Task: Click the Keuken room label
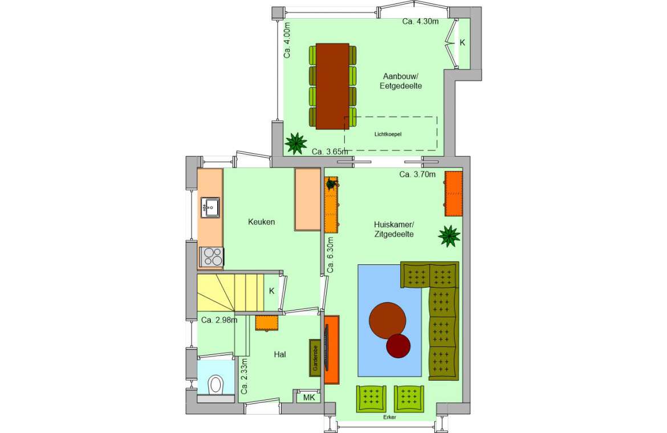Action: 261,222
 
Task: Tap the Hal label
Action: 280,354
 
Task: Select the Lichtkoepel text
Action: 388,134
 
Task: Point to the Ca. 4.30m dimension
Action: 420,21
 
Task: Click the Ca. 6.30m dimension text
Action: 331,255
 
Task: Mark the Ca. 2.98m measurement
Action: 219,320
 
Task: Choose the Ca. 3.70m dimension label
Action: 417,174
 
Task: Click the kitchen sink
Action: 210,207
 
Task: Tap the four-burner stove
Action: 212,256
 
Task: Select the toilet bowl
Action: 216,384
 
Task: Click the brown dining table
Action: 332,86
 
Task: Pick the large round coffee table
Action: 387,320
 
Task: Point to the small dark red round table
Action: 398,345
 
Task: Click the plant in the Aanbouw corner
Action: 296,143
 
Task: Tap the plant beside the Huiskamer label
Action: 449,236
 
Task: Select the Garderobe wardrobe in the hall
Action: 315,358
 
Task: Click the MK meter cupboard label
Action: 309,398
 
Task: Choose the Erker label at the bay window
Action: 389,417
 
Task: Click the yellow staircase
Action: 230,293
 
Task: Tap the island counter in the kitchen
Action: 307,199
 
